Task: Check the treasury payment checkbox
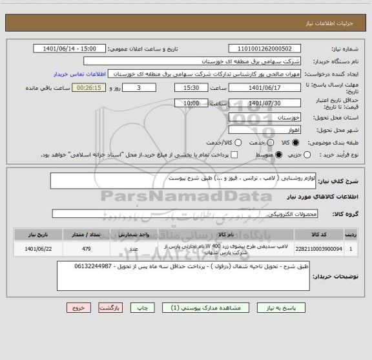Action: point(234,155)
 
